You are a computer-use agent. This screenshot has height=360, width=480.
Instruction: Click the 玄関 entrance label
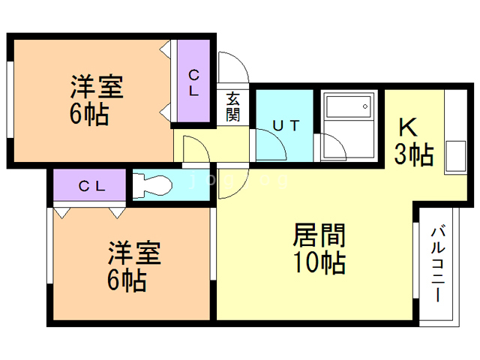pyautogui.click(x=232, y=106)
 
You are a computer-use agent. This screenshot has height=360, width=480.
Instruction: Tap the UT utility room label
pyautogui.click(x=286, y=125)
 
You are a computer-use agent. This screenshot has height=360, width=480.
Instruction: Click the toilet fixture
pyautogui.click(x=154, y=184)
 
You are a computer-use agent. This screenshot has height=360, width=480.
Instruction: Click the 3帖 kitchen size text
pyautogui.click(x=414, y=154)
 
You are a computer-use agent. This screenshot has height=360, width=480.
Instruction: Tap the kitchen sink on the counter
pyautogui.click(x=454, y=155)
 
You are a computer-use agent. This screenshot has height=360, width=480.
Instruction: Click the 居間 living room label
pyautogui.click(x=319, y=236)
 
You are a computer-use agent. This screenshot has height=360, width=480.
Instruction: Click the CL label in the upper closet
pyautogui.click(x=193, y=82)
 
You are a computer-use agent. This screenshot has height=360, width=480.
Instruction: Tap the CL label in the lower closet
pyautogui.click(x=91, y=186)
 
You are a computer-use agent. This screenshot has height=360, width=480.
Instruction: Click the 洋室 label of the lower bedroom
pyautogui.click(x=134, y=253)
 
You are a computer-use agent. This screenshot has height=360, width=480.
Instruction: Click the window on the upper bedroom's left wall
pyautogui.click(x=10, y=97)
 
